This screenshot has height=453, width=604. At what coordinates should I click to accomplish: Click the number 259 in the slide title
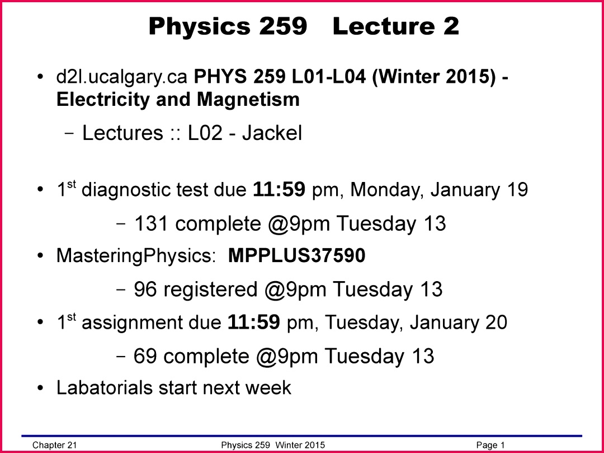point(283,26)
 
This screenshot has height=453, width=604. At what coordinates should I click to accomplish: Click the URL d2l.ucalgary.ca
point(122,77)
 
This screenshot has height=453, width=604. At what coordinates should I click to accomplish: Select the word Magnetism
point(248,99)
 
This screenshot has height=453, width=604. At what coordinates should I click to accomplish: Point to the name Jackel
point(272,133)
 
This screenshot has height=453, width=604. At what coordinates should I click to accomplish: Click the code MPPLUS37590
point(296,255)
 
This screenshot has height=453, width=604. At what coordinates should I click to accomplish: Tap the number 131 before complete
point(150,223)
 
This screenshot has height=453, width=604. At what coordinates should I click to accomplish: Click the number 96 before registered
point(145,289)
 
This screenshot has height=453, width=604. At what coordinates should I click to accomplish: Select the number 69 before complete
point(145,356)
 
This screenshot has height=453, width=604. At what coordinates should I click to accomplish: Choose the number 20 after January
point(496,323)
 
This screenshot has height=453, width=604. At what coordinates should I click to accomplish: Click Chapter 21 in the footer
point(55,445)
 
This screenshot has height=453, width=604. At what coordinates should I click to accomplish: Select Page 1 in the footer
point(490,445)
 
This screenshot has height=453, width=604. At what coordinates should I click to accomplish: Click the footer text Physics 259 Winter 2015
point(273,445)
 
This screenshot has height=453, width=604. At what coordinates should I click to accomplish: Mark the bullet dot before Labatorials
point(40,388)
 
